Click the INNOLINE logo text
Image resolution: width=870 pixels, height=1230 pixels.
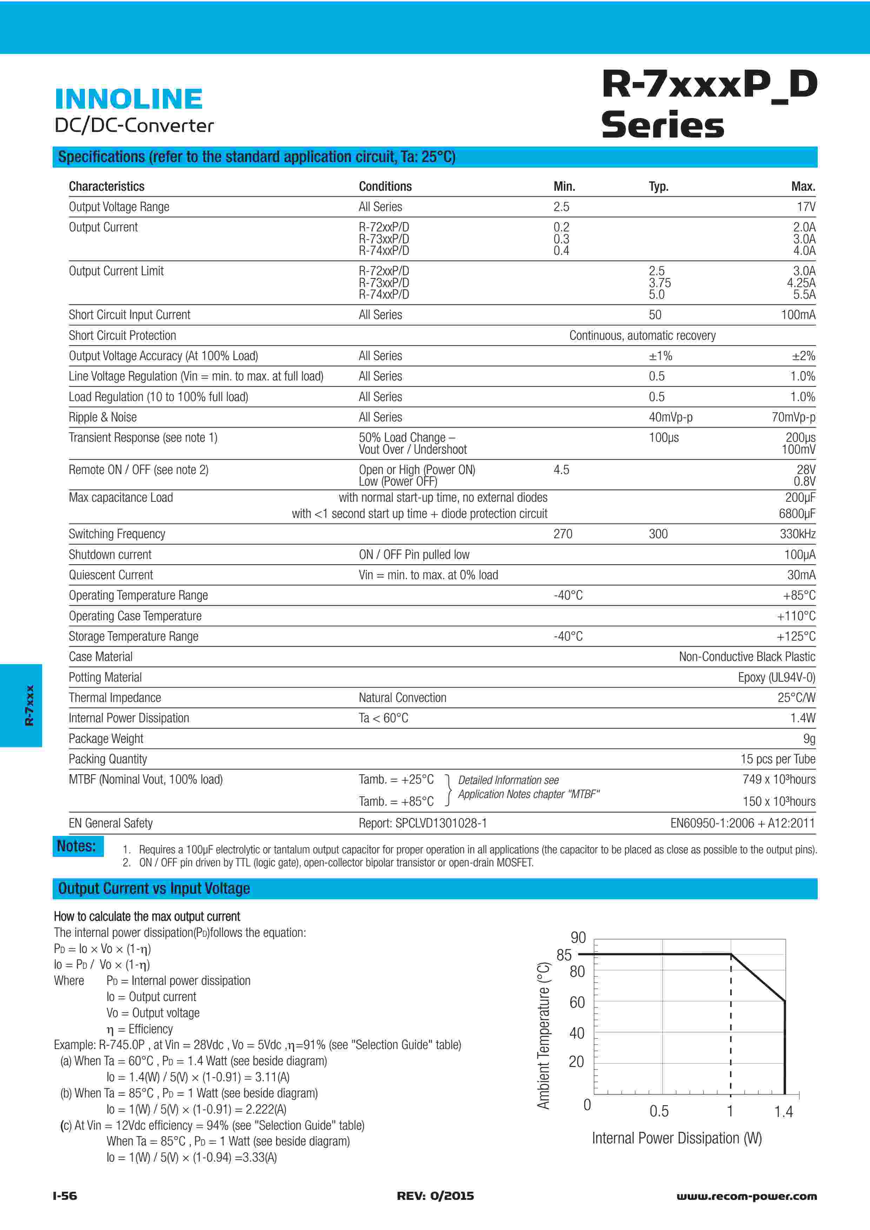(129, 99)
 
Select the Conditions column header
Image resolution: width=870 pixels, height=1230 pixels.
(385, 187)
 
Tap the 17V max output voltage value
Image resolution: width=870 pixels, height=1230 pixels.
(806, 207)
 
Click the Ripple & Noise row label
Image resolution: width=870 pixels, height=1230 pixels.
(102, 417)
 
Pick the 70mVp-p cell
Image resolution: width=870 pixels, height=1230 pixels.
(793, 417)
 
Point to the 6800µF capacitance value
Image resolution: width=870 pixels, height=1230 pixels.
(797, 514)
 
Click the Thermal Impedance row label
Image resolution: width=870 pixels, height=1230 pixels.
(115, 697)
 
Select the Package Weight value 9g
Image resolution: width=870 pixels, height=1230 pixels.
(809, 739)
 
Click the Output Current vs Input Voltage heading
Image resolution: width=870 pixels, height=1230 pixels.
(154, 889)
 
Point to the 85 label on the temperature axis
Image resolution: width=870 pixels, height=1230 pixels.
(564, 955)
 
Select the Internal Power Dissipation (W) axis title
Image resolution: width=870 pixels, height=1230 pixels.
(677, 1138)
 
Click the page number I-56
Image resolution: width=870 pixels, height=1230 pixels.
(65, 1196)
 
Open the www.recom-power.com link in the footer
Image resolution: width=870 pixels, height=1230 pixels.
(746, 1196)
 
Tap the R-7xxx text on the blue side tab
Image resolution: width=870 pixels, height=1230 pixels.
(29, 705)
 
